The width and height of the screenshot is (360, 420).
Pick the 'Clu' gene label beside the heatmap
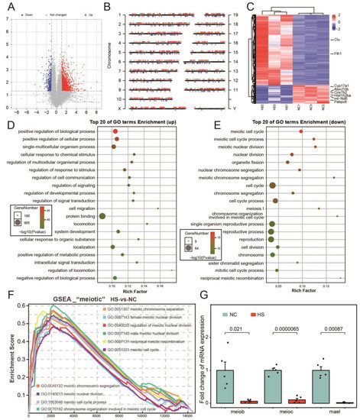(336, 37)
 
